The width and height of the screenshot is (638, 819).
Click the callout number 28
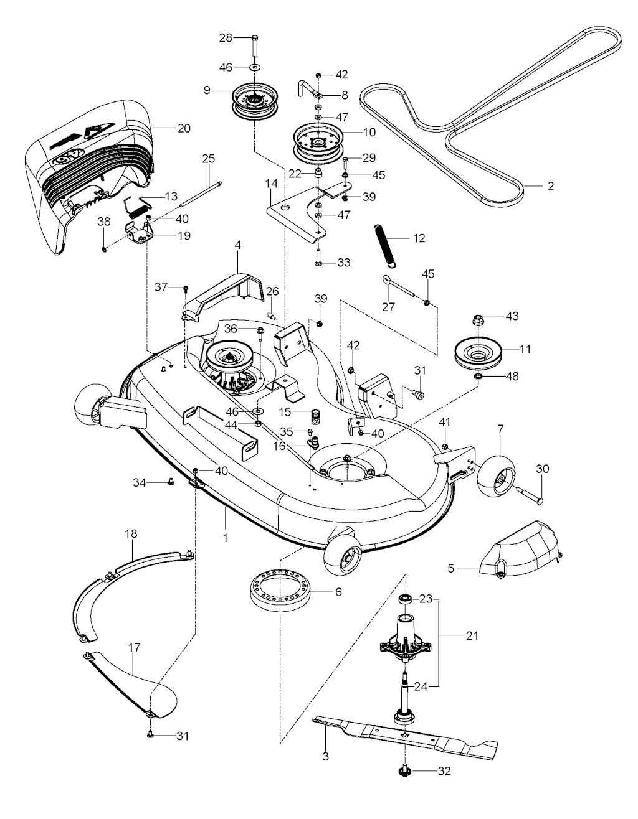pos(224,38)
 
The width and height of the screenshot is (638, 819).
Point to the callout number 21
pos(471,636)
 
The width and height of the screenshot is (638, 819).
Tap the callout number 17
pos(133,648)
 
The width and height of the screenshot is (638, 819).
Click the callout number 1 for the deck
pos(225,536)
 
